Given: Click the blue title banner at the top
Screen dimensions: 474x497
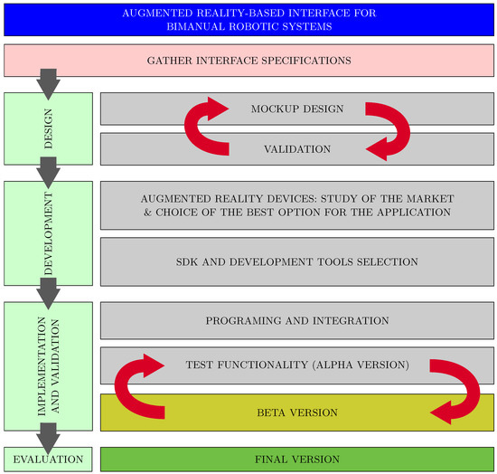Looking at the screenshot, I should (248, 18).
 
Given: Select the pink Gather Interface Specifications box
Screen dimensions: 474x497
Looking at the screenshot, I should (248, 61).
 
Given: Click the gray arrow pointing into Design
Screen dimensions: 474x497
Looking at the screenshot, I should (48, 84).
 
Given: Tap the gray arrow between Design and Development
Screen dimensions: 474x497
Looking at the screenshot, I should (48, 169).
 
